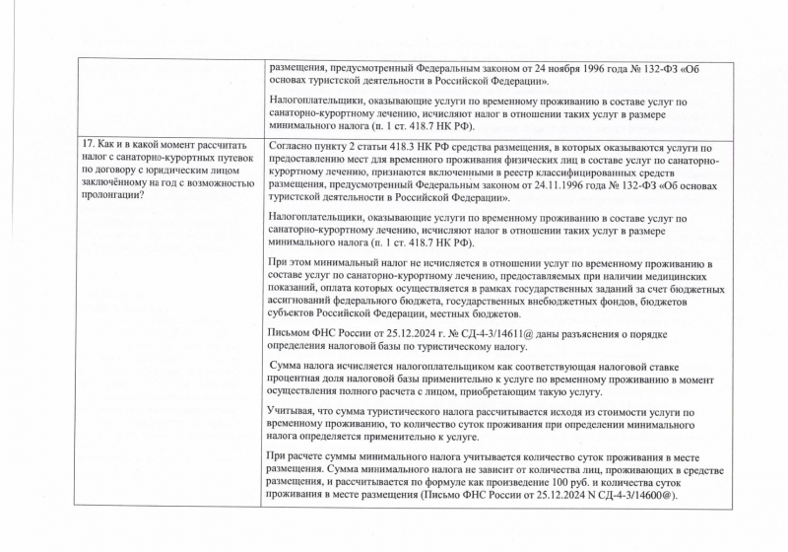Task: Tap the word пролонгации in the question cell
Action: click(x=110, y=193)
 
